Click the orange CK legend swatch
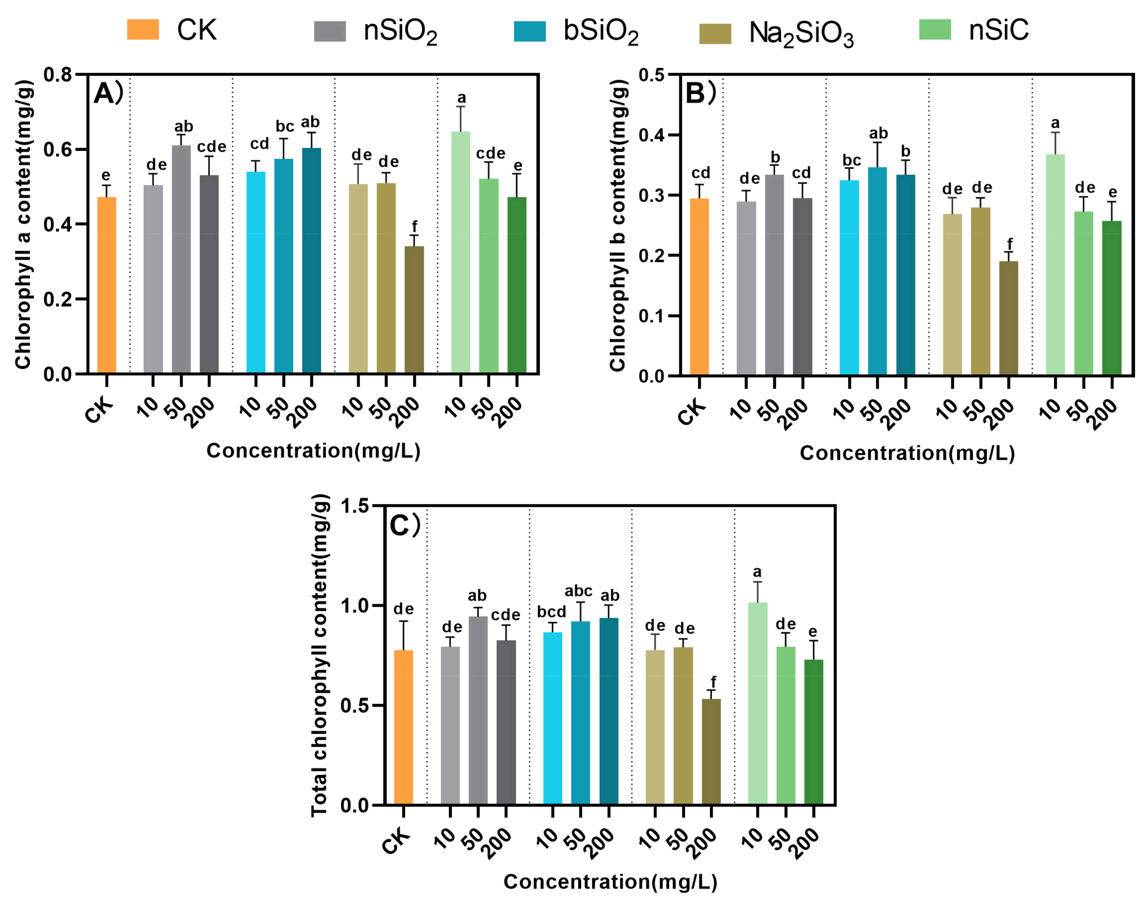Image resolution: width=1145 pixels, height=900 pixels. tap(143, 30)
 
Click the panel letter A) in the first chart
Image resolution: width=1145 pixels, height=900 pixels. tap(108, 94)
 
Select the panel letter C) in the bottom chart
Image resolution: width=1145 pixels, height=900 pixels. tap(404, 525)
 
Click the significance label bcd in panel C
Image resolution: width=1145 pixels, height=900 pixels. tap(551, 612)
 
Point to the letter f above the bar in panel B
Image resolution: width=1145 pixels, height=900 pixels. tap(1009, 244)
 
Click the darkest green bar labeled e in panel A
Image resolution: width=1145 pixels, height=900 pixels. tap(517, 285)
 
